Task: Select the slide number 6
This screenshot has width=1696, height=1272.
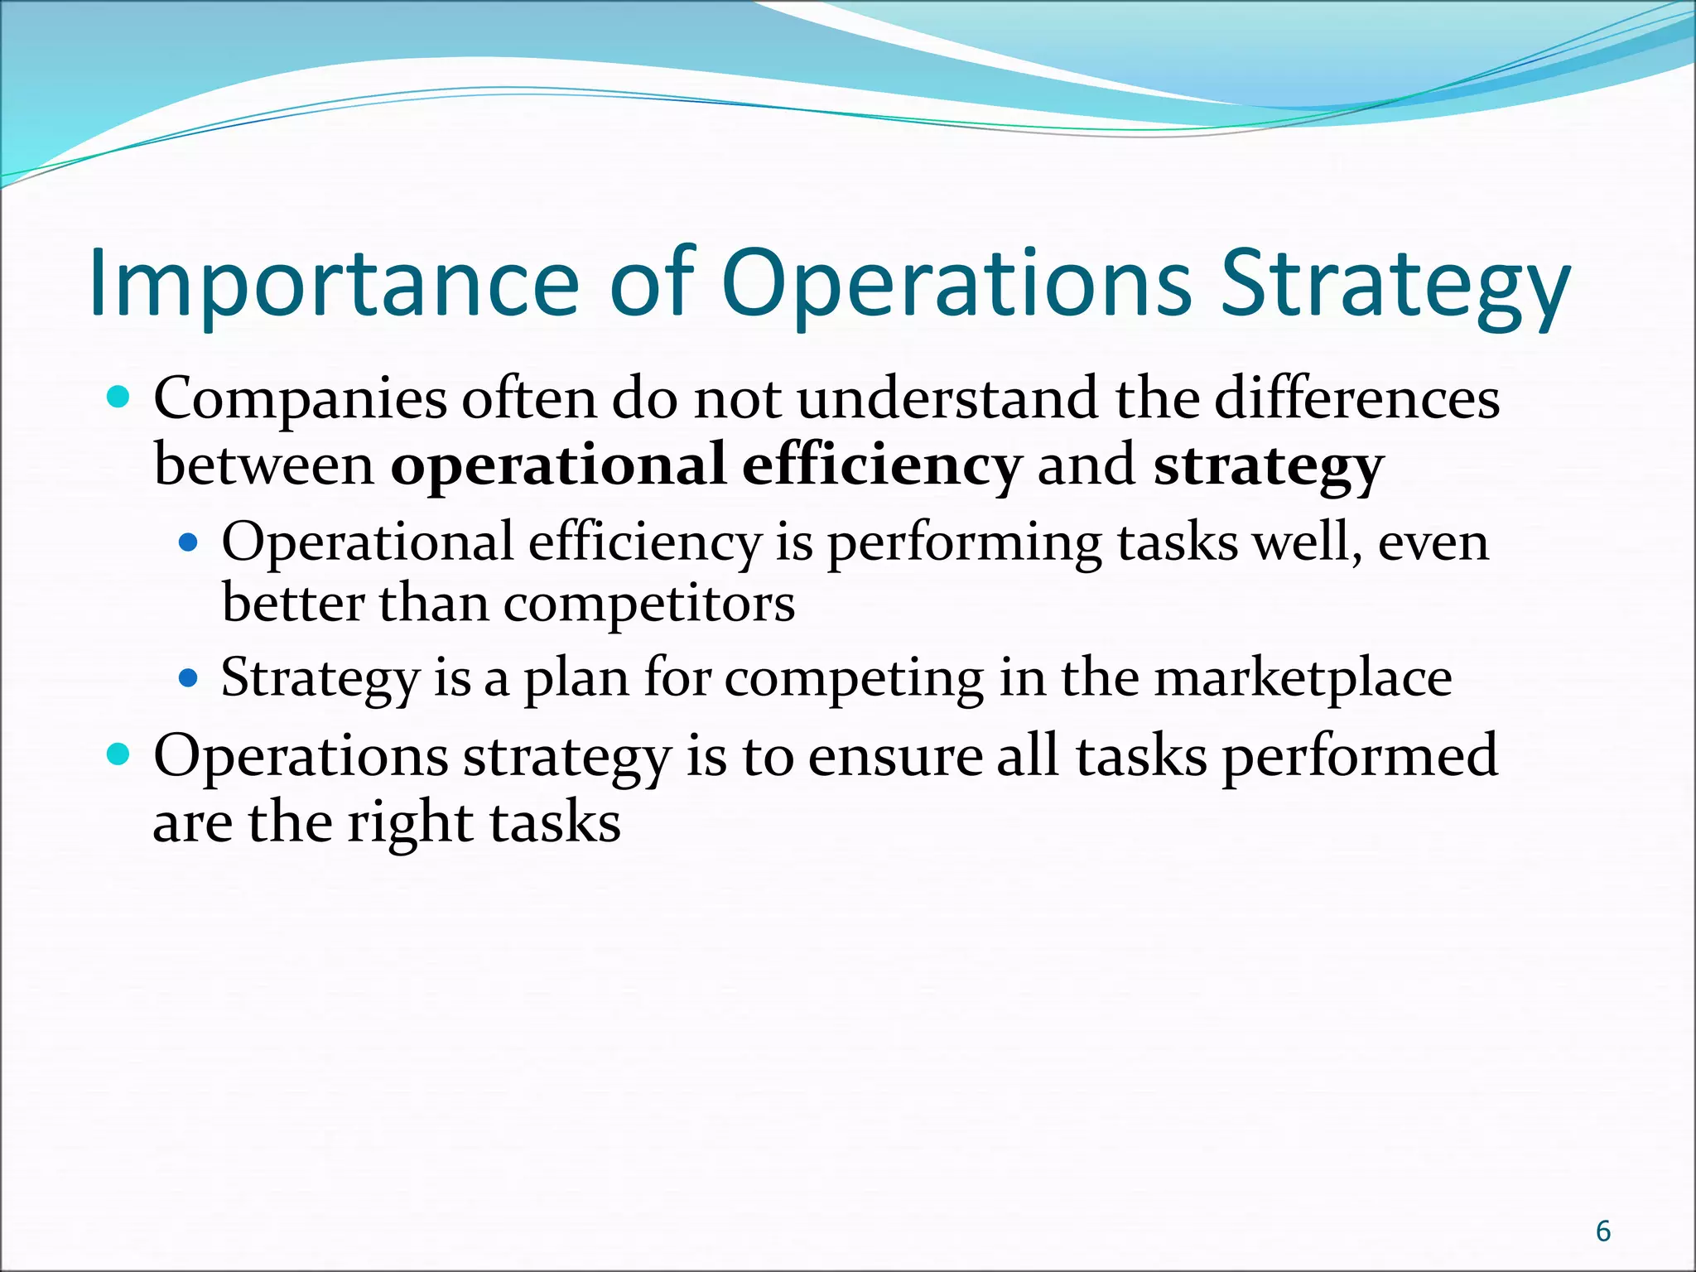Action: (1603, 1231)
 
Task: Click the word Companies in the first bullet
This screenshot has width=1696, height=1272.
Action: (300, 399)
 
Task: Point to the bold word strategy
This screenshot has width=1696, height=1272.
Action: (1268, 466)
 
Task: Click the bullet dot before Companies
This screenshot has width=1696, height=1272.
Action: (119, 398)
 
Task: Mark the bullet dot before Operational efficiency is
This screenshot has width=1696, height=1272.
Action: (189, 543)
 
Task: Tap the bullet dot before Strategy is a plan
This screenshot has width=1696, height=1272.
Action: (189, 678)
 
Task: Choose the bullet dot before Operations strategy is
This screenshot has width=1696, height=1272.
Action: (119, 755)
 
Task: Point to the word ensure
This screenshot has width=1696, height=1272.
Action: (894, 757)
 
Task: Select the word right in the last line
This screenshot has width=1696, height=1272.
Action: (409, 825)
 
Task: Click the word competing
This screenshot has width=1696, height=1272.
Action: (854, 679)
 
